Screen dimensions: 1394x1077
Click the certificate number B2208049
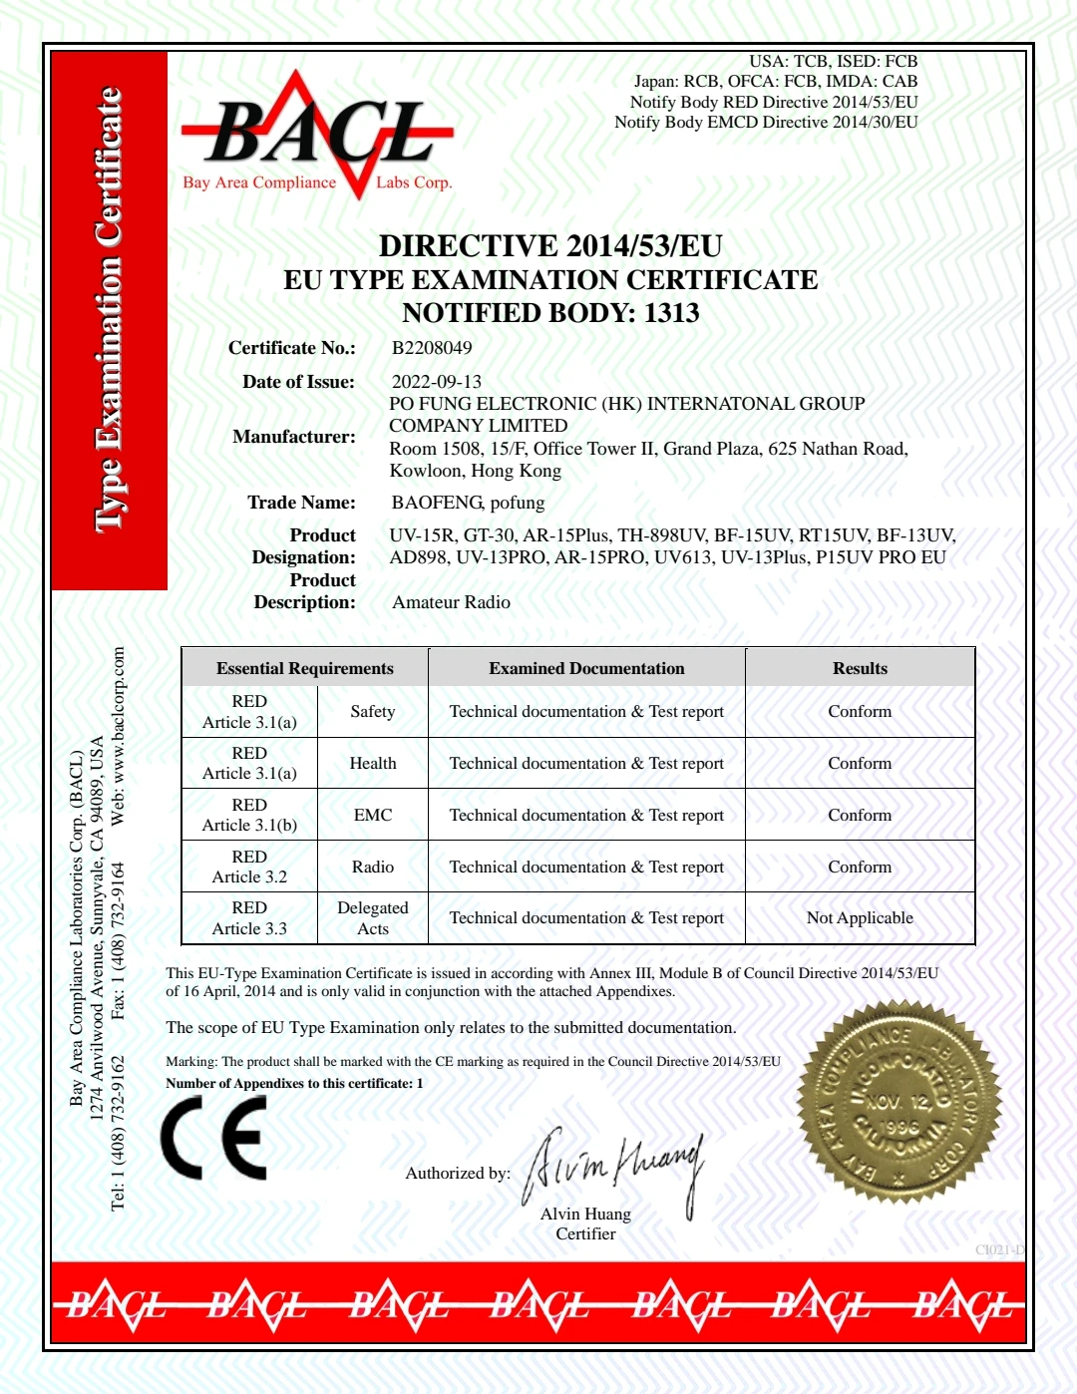click(432, 348)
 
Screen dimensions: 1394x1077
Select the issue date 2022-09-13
click(436, 382)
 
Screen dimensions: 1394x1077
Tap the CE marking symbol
click(214, 1138)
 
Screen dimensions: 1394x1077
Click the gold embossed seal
click(898, 1104)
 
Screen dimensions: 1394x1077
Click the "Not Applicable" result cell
click(860, 918)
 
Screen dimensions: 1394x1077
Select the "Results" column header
click(860, 668)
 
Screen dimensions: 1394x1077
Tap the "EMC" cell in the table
click(373, 815)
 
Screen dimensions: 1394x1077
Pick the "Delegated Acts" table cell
click(373, 918)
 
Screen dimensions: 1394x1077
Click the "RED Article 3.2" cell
click(249, 867)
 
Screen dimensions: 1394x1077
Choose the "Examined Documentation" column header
click(586, 668)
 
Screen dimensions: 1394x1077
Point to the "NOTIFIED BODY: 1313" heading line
click(550, 313)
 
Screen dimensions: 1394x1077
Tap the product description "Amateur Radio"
click(451, 602)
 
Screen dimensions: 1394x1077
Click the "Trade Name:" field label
click(301, 503)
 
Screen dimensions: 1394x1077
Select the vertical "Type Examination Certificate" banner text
click(109, 309)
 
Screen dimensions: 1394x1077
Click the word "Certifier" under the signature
click(585, 1234)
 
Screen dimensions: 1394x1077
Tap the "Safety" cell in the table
click(373, 711)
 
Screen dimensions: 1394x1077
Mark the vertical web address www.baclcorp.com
click(119, 736)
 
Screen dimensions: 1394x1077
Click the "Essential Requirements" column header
click(304, 668)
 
